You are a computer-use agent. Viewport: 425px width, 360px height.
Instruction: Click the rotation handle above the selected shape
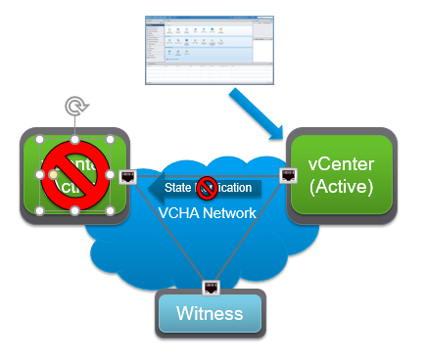point(72,105)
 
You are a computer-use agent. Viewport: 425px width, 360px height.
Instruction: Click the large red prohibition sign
point(73,175)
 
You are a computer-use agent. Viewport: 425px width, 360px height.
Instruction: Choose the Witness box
point(211,313)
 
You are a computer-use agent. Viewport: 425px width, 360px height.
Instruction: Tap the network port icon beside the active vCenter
point(288,176)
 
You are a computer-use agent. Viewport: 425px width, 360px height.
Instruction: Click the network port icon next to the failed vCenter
point(127,177)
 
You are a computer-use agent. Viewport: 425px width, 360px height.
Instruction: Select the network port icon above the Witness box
point(211,287)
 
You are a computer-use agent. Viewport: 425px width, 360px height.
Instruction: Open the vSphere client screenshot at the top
point(212,48)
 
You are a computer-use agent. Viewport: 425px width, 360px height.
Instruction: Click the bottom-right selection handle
point(110,210)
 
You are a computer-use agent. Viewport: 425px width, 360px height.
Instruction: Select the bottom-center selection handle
point(73,210)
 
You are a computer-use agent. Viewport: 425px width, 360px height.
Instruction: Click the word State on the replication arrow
point(177,187)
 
